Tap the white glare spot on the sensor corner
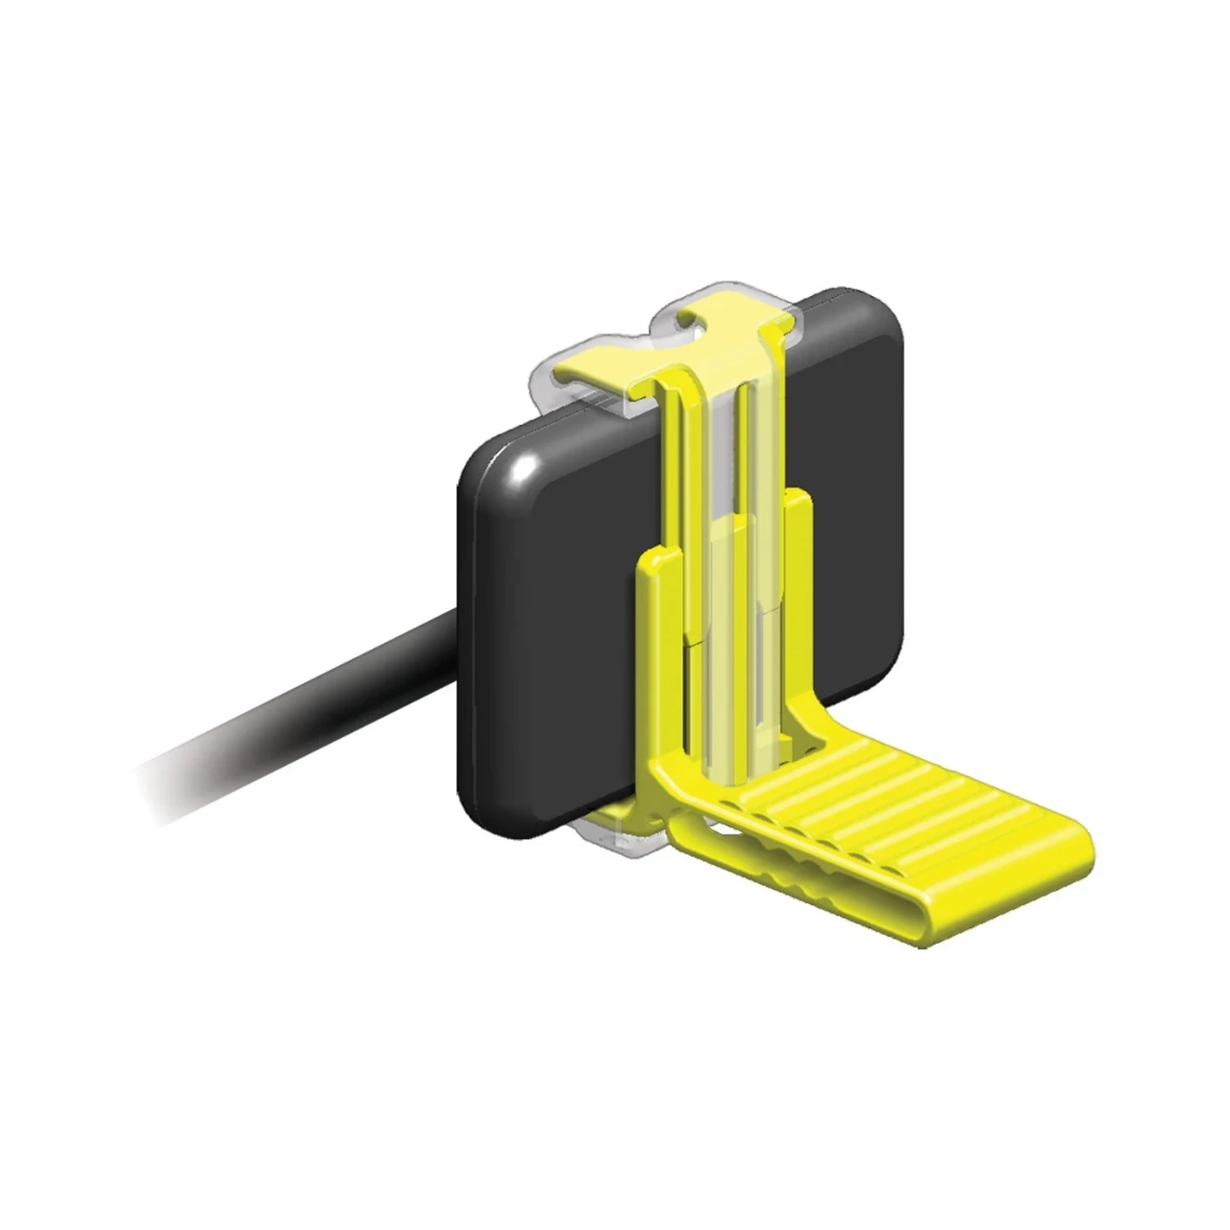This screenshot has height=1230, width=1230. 524,470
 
